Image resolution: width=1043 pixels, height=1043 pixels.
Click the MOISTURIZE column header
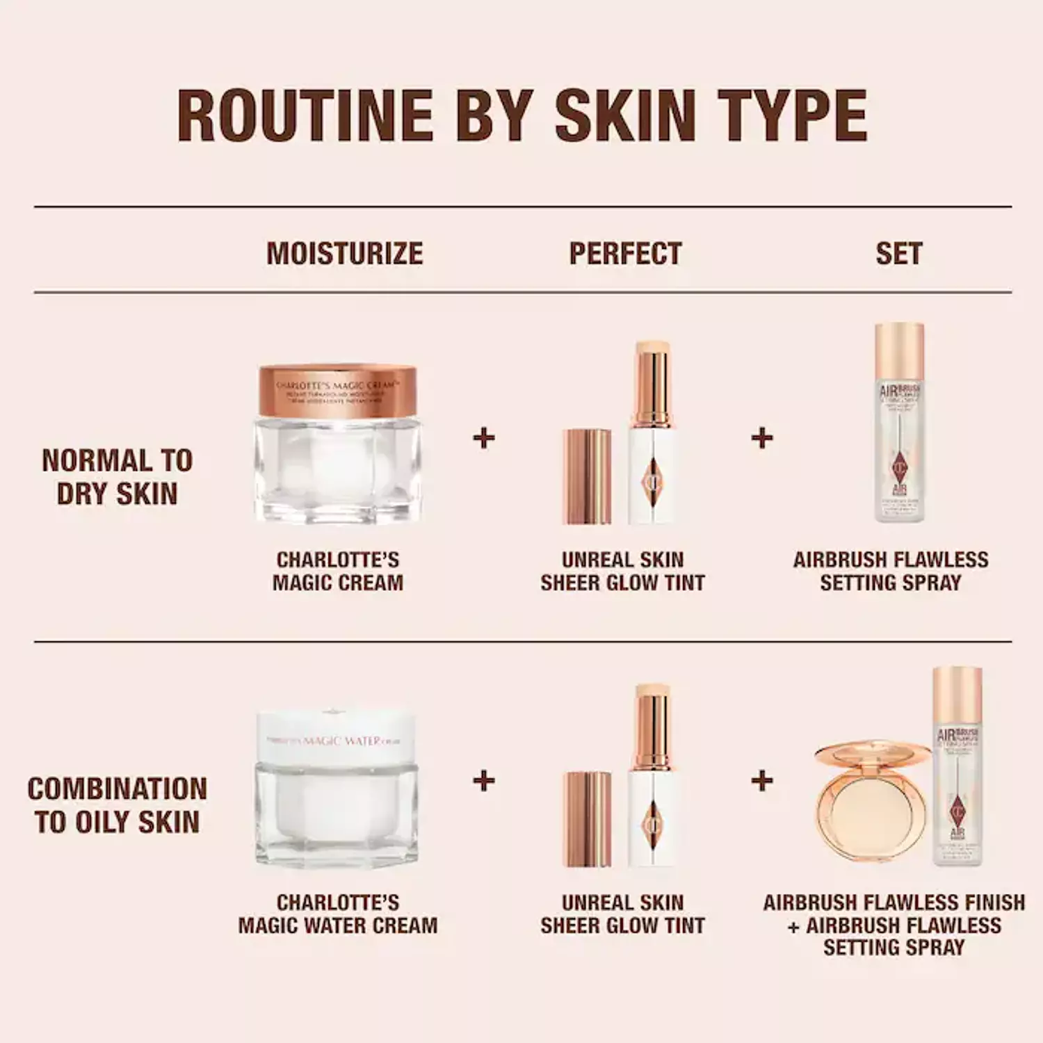click(345, 254)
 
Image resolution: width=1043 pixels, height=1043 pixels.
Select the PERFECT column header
click(625, 254)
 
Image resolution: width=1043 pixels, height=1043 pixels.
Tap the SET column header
click(898, 254)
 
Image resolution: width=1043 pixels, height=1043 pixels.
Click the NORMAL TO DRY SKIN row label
click(117, 477)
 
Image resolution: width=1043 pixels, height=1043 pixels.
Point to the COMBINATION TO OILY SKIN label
click(117, 805)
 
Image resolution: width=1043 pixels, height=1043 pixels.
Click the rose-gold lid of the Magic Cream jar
click(337, 390)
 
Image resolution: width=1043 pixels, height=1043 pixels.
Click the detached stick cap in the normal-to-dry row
click(587, 477)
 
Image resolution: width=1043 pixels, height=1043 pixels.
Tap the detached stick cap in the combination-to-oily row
click(588, 819)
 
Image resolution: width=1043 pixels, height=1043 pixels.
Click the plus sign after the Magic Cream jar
click(483, 438)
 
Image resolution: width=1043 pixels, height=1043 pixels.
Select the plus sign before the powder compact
click(762, 780)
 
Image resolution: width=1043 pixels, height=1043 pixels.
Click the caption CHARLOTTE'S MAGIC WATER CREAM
click(338, 914)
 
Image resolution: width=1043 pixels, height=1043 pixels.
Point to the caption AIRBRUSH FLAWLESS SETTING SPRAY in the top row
click(891, 571)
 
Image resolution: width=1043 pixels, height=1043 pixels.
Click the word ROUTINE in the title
click(306, 115)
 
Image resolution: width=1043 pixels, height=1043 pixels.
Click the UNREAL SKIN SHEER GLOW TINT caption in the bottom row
click(623, 914)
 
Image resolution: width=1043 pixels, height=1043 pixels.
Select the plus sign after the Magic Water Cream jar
click(483, 780)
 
